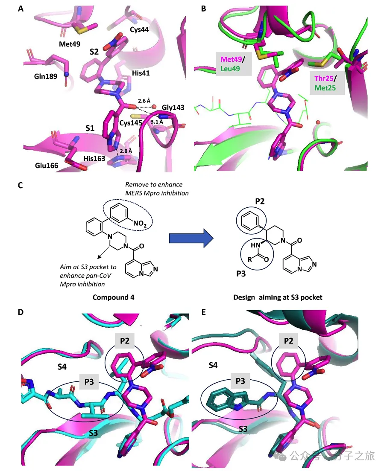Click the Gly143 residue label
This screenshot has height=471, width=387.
coord(173,107)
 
